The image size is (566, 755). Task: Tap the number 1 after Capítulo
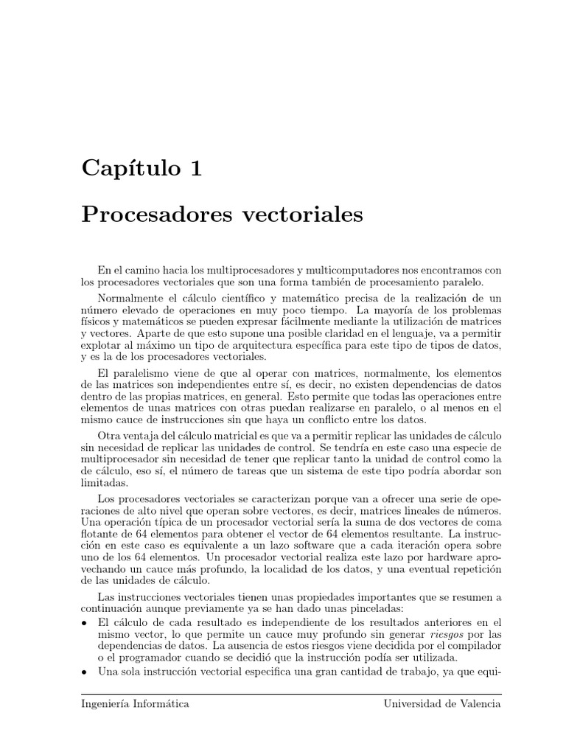195,168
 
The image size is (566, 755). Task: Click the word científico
237,298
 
